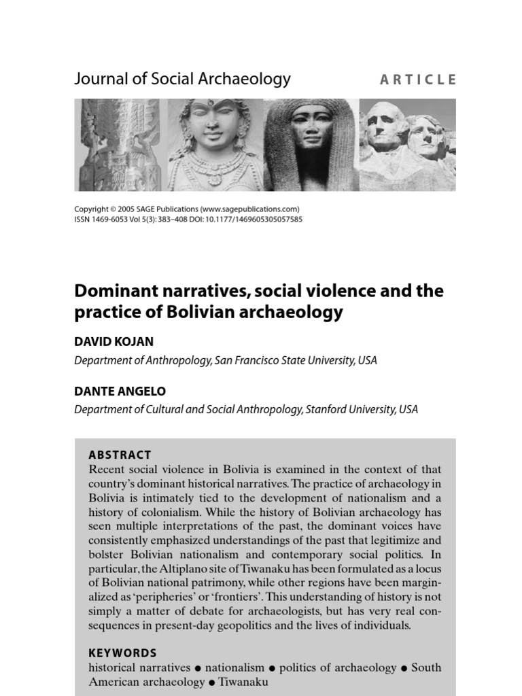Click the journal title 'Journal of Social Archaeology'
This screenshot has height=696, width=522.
(182, 79)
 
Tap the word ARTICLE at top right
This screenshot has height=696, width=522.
(418, 80)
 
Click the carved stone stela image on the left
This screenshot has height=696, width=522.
(120, 144)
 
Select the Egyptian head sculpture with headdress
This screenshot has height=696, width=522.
(311, 144)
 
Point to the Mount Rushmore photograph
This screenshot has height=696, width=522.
(407, 144)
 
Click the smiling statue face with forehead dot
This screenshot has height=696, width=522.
(215, 144)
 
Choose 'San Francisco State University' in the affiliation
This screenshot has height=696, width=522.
(285, 360)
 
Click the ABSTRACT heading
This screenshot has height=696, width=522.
(120, 455)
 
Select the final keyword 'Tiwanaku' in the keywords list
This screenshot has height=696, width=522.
(244, 682)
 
